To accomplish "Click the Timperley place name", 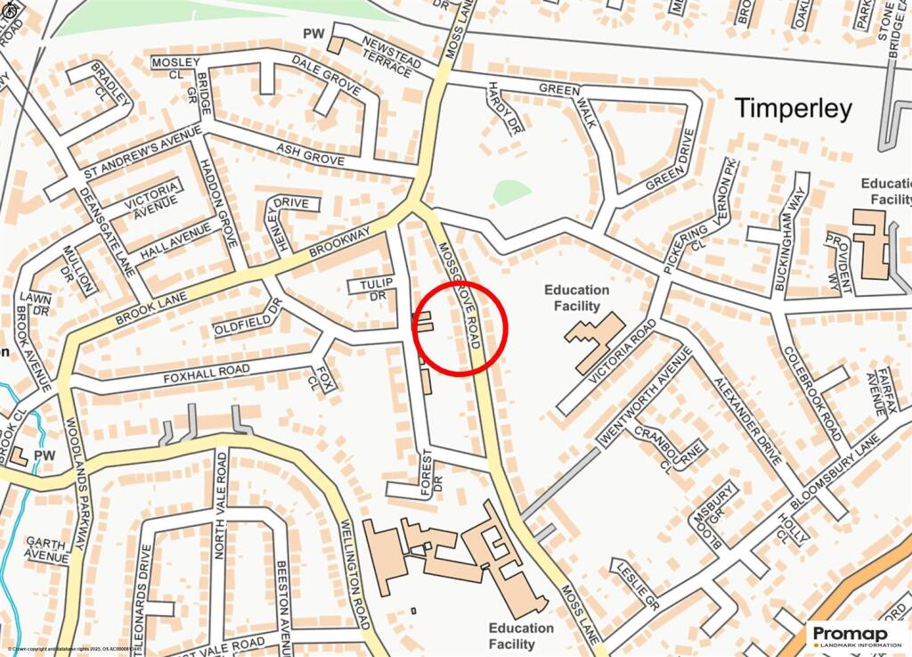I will click(793, 109).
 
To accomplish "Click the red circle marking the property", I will click(460, 329).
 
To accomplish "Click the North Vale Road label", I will click(222, 505).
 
